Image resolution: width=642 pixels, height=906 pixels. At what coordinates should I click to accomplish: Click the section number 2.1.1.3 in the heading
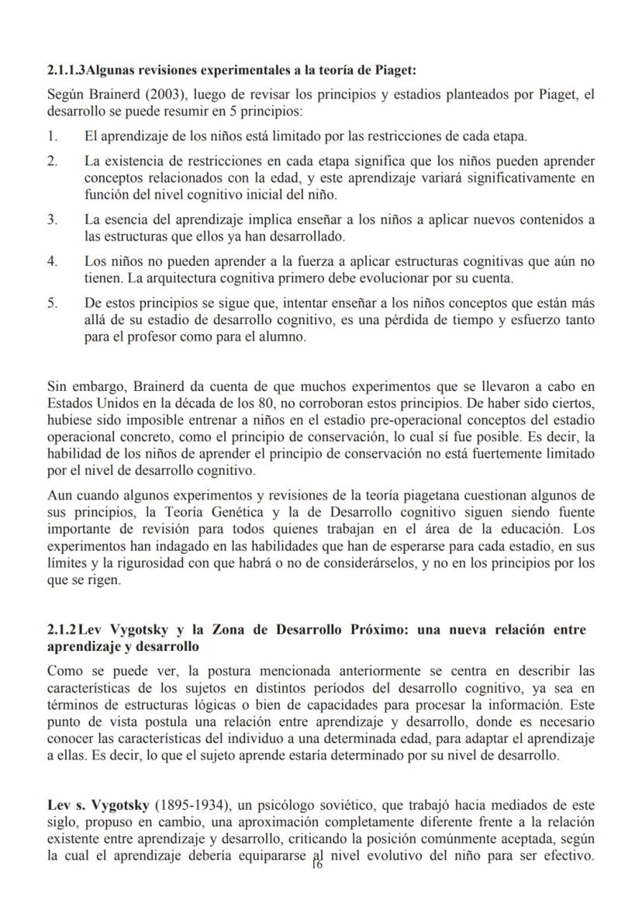(x=66, y=71)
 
